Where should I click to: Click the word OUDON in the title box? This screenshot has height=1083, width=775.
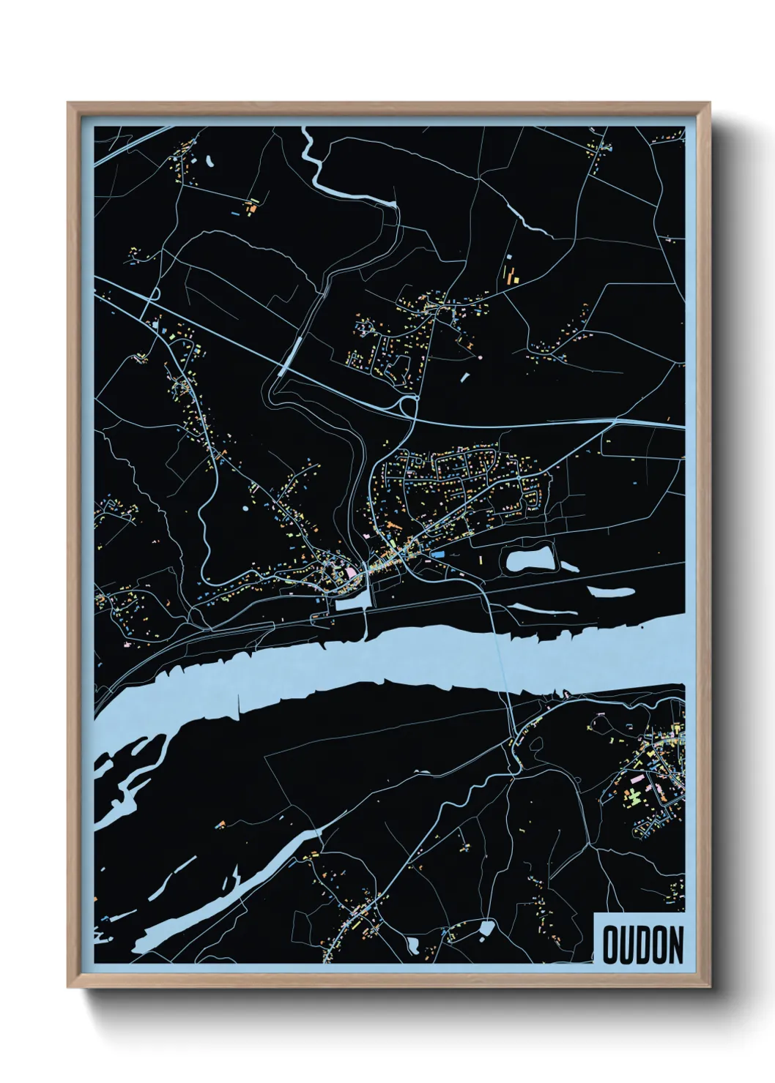(x=642, y=945)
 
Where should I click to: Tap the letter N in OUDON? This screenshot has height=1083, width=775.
(x=675, y=945)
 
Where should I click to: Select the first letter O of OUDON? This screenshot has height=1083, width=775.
(x=610, y=945)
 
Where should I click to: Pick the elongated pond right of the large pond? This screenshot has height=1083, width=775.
(x=609, y=591)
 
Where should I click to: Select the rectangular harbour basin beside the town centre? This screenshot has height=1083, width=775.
(x=354, y=603)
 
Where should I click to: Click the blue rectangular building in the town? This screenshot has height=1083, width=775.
(x=437, y=556)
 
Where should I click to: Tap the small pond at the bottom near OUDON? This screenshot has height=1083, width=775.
(x=486, y=929)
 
